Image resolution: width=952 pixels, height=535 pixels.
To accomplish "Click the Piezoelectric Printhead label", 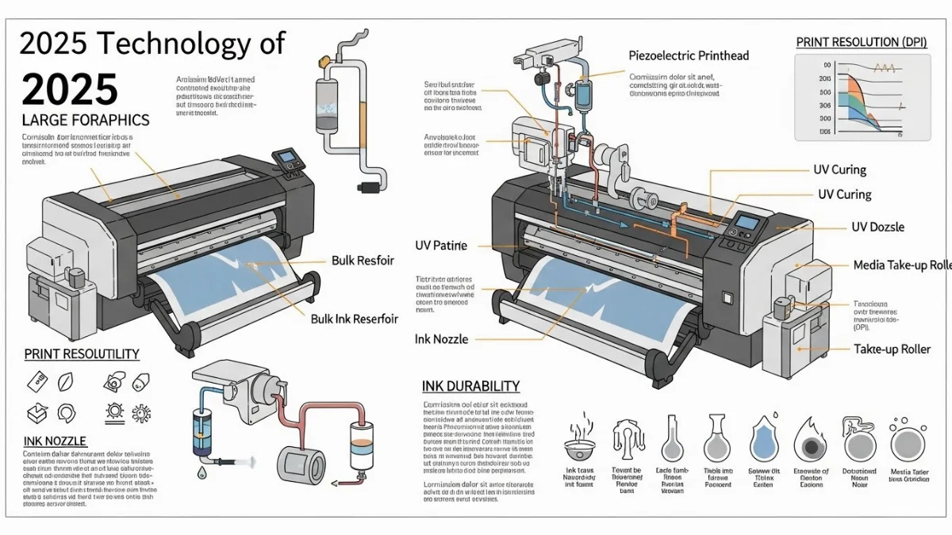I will point(689,55).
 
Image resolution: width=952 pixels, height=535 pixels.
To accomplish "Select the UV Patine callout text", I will point(441,246).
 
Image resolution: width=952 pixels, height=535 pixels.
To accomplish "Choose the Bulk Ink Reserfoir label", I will point(354,319).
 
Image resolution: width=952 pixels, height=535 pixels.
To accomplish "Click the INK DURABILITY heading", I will point(471,387).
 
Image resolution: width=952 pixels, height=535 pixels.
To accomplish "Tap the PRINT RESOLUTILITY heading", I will point(82,354).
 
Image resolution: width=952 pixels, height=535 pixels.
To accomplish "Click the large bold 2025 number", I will point(70,89).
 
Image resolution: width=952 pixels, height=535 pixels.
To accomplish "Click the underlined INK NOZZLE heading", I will point(56,441).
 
